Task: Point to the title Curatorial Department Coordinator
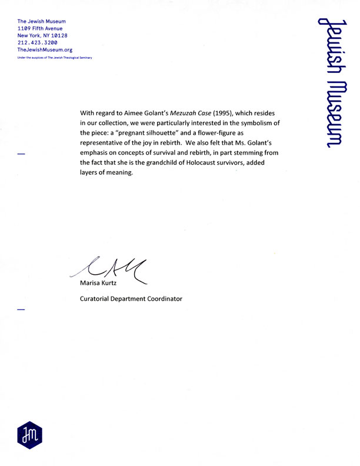click(x=131, y=299)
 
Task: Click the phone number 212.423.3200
click(x=37, y=43)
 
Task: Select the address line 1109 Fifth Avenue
click(x=40, y=28)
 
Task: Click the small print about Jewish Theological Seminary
click(x=55, y=58)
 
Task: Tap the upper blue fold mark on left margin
click(x=22, y=154)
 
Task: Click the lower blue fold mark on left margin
click(x=22, y=309)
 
